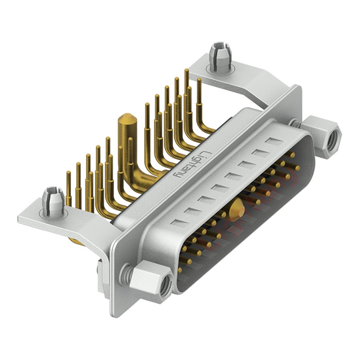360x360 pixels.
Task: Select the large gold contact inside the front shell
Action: click(x=237, y=210)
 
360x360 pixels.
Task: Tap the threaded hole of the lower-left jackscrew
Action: click(x=165, y=284)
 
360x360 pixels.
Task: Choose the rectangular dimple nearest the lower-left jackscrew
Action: click(x=178, y=223)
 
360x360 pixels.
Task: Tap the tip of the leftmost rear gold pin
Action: click(x=68, y=174)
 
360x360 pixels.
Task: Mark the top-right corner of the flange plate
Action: click(x=298, y=87)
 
